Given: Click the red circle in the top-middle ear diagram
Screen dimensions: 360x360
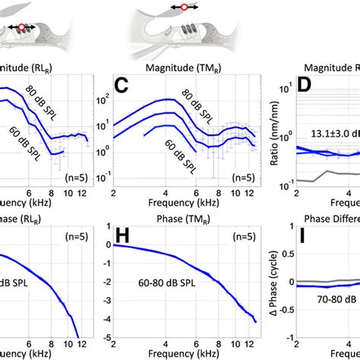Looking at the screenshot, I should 183,7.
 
